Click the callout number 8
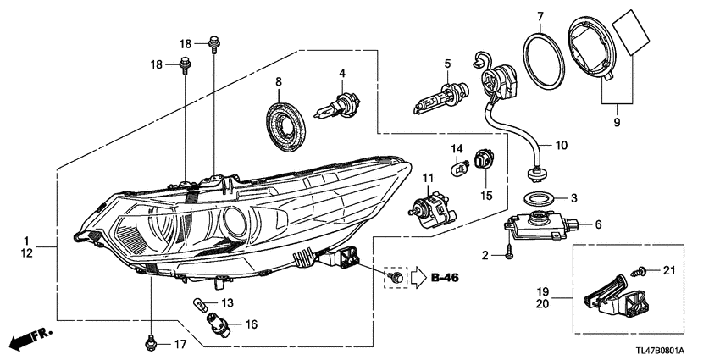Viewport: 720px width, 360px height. pos(277,82)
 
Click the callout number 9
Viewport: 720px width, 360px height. pos(616,123)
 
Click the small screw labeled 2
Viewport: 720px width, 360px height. pos(507,252)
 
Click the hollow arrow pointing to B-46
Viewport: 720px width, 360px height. pos(418,277)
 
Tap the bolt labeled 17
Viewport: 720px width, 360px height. pos(151,342)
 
